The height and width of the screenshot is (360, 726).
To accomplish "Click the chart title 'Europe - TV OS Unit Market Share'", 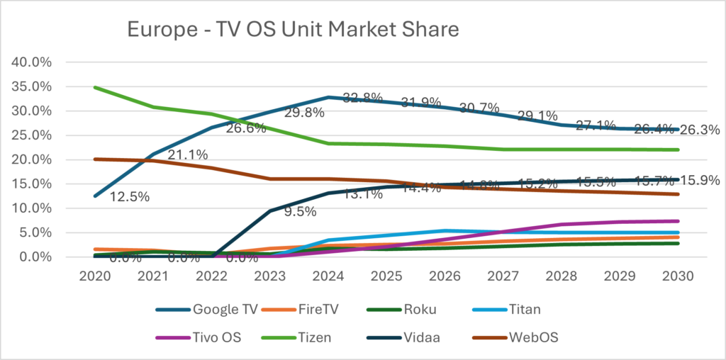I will pos(293,30).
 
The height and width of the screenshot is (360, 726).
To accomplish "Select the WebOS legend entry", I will pos(532,337).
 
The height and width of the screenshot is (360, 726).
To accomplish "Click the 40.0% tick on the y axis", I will pos(33,62).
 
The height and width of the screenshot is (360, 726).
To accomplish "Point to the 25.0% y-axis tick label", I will pos(33,135).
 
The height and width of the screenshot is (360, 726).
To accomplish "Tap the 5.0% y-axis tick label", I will pos(35,232).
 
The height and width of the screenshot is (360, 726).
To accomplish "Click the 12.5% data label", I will pos(129,197).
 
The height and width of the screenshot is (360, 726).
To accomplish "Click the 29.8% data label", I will pos(305,113).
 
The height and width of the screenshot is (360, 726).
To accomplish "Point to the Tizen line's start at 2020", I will pos(95,87).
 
